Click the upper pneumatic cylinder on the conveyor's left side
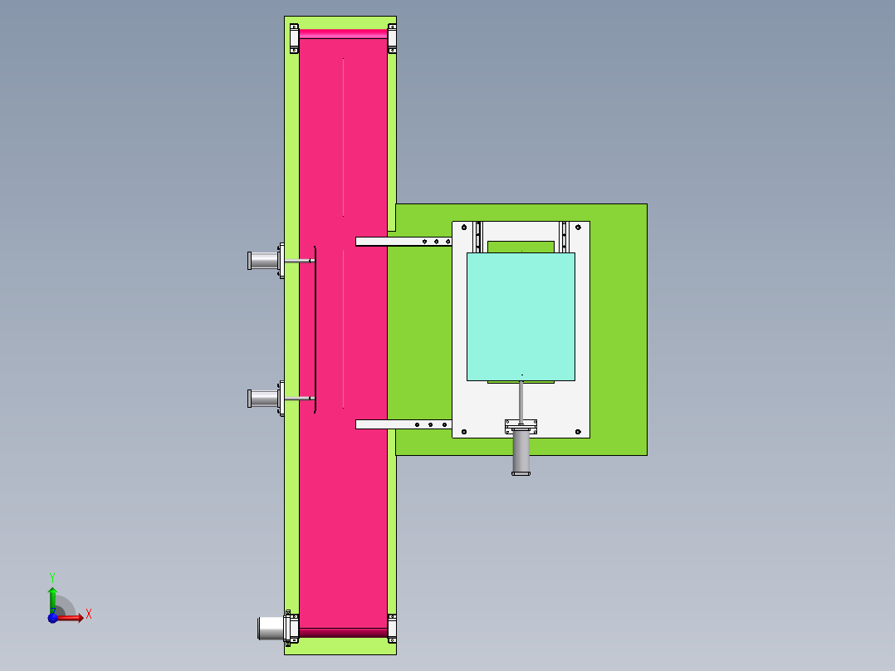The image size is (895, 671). (x=263, y=262)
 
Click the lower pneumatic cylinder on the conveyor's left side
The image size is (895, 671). (x=263, y=399)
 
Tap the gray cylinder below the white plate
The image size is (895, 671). (x=521, y=453)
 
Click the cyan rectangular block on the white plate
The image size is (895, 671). (x=521, y=316)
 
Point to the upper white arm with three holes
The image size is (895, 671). (x=403, y=242)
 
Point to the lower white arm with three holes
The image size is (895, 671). (x=403, y=424)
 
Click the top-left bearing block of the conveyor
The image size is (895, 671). (x=294, y=38)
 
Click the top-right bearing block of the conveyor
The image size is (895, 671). (x=392, y=38)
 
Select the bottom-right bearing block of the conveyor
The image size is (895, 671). (x=392, y=628)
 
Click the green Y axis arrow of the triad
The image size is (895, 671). (x=52, y=596)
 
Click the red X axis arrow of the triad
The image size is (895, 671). (x=73, y=617)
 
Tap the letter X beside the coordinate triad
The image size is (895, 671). (x=89, y=615)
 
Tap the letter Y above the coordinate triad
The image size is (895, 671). (x=52, y=576)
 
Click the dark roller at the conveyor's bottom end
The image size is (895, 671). (x=343, y=633)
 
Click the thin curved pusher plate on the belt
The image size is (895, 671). (x=315, y=329)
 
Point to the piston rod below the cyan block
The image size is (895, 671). (x=521, y=399)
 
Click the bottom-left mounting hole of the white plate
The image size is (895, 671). (x=463, y=431)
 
